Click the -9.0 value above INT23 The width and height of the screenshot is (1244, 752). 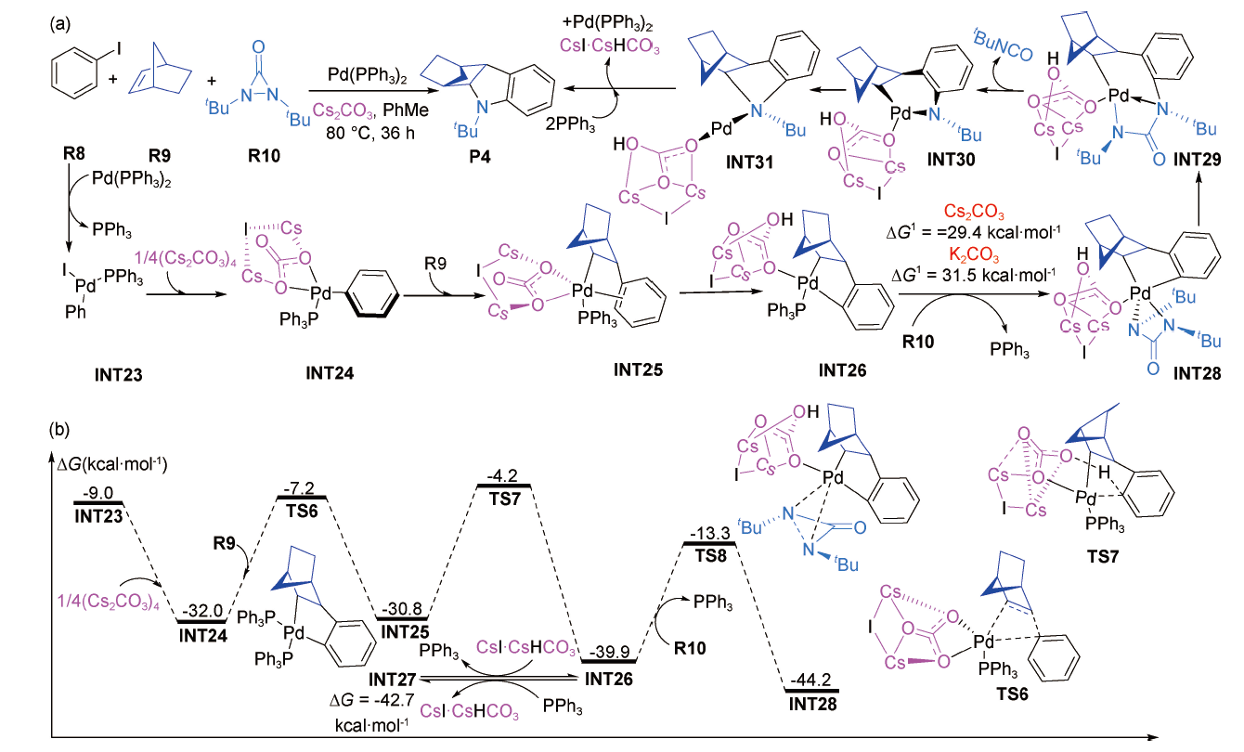pyautogui.click(x=98, y=493)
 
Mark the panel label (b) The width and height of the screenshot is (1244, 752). pyautogui.click(x=60, y=431)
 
